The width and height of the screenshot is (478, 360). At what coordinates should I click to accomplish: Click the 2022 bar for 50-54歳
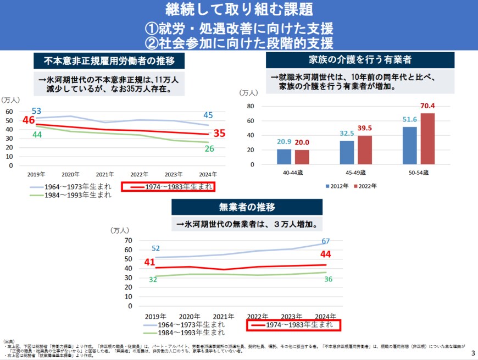pyautogui.click(x=427, y=139)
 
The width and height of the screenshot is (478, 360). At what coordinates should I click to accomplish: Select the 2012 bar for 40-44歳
pyautogui.click(x=284, y=157)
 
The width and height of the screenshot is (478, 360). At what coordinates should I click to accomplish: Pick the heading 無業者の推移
pyautogui.click(x=247, y=207)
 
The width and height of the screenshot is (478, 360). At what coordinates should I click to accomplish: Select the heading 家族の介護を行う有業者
pyautogui.click(x=360, y=60)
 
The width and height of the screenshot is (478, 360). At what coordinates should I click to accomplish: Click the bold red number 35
pyautogui.click(x=220, y=133)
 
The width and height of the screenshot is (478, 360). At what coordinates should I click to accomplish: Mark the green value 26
pyautogui.click(x=209, y=148)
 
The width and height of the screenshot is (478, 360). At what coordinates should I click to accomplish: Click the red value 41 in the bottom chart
pyautogui.click(x=150, y=262)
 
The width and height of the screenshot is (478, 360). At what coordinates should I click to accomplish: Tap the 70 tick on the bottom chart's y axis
pyautogui.click(x=127, y=240)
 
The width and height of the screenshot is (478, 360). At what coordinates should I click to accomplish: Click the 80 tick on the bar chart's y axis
pyautogui.click(x=250, y=106)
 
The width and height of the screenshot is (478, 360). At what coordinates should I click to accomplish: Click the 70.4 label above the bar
pyautogui.click(x=427, y=106)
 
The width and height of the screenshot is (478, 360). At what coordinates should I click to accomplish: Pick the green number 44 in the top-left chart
pyautogui.click(x=37, y=135)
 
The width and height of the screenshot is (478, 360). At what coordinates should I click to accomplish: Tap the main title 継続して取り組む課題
pyautogui.click(x=238, y=9)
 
